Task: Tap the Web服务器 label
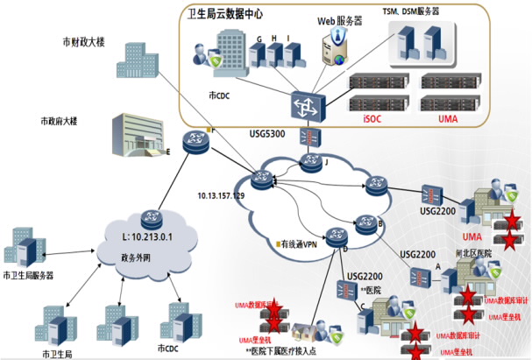pos(337,18)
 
